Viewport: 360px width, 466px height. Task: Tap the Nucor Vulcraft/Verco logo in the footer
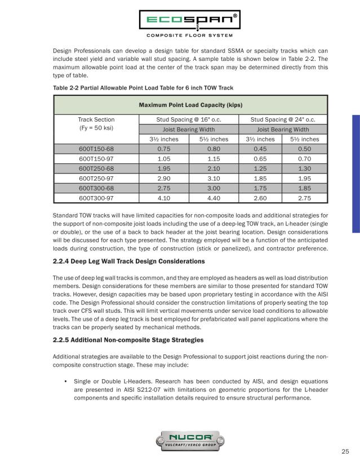click(180, 439)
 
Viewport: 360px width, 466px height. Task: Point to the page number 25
click(345, 451)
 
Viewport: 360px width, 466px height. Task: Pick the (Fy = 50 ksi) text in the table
click(96, 129)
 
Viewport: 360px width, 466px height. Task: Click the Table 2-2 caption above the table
click(143, 87)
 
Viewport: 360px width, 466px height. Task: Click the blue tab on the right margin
click(355, 174)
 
